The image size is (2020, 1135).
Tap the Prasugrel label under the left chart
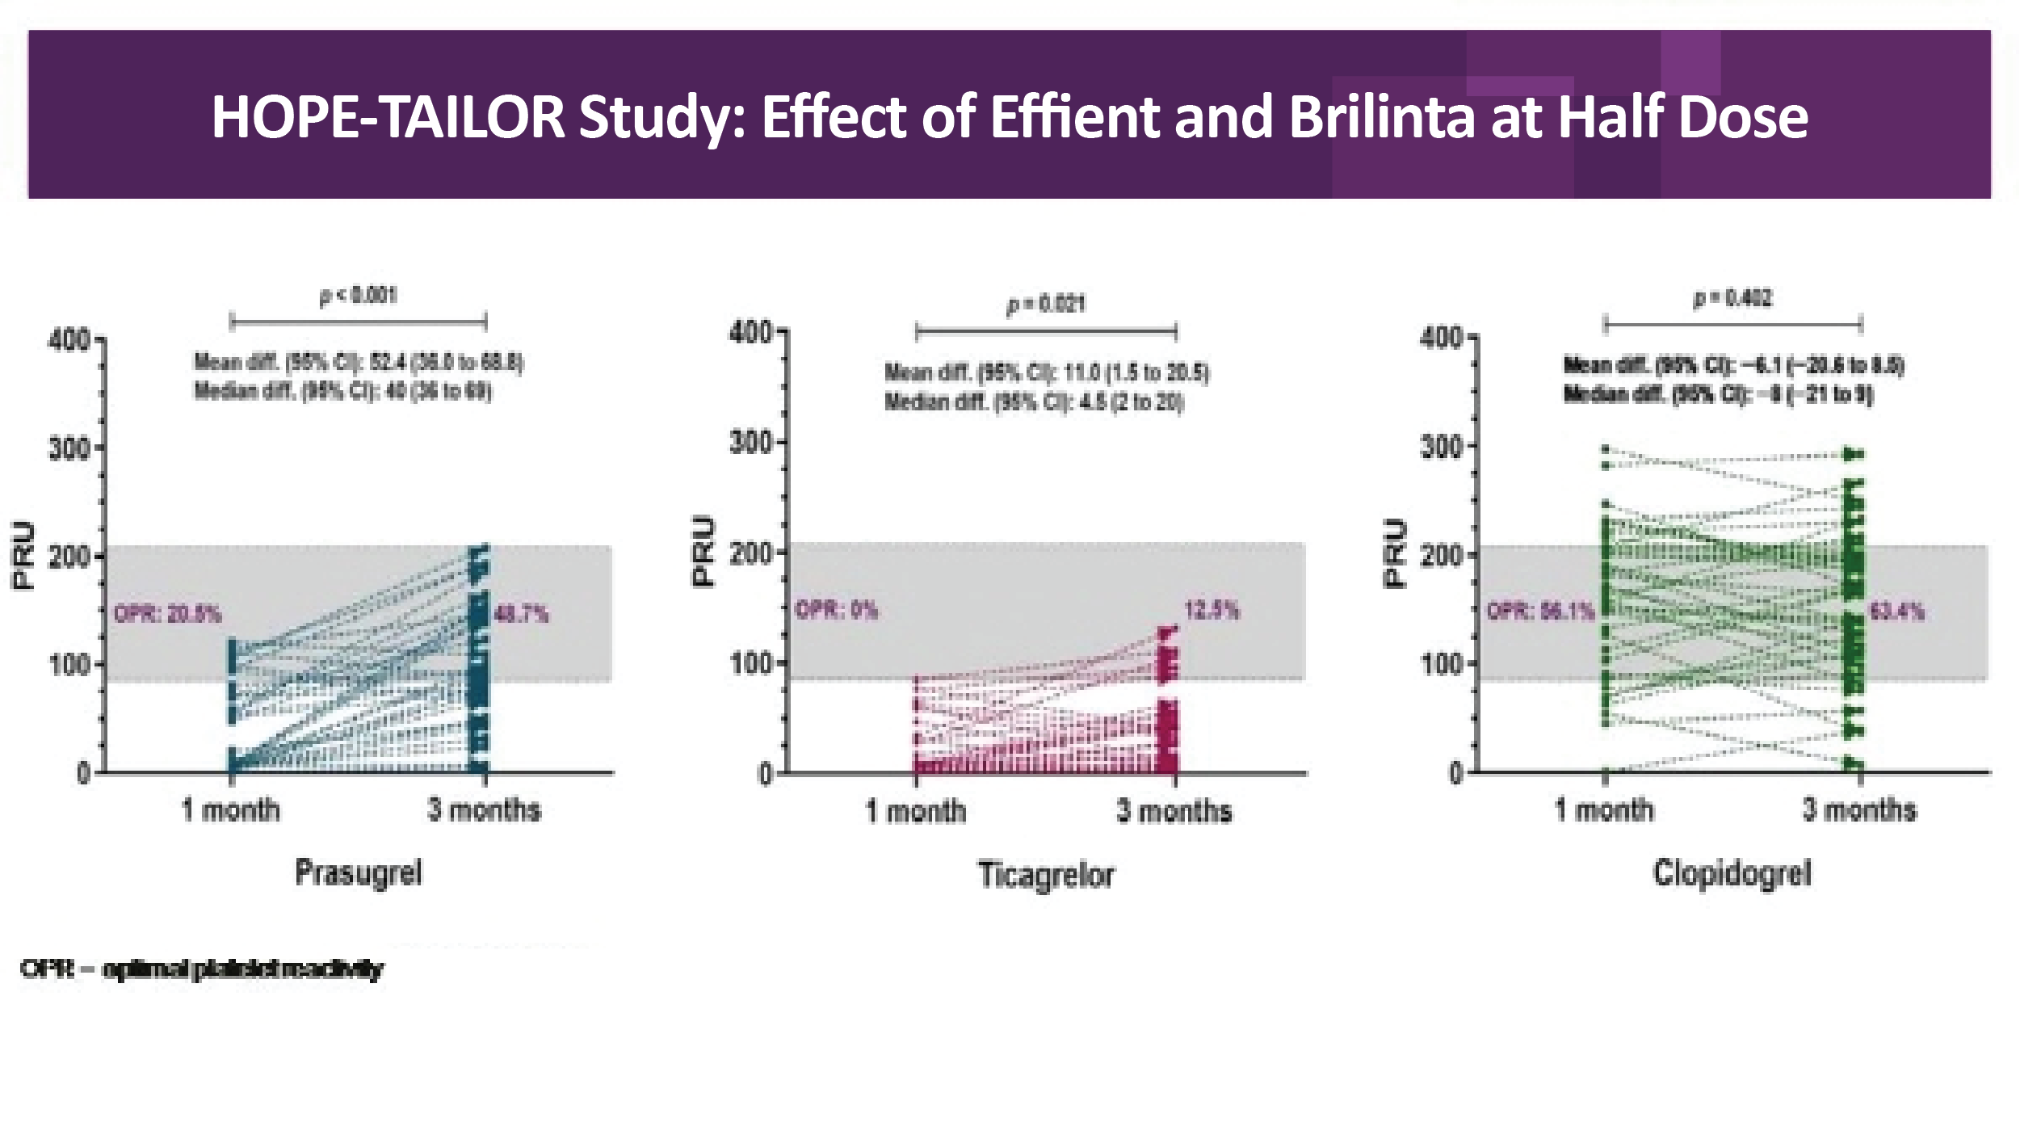(x=358, y=873)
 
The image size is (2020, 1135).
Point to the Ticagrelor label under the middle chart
(x=1046, y=876)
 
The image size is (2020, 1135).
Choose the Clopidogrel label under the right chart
(x=1732, y=873)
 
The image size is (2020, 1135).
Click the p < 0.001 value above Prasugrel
(x=358, y=296)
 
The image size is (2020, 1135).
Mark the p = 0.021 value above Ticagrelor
(x=1046, y=305)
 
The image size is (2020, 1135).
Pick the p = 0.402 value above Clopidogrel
(x=1732, y=299)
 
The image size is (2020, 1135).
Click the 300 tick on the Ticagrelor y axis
(x=752, y=443)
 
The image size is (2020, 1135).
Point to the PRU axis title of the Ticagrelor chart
(x=705, y=551)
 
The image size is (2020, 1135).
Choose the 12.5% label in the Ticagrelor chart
(x=1212, y=610)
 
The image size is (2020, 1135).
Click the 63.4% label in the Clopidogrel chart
(x=1896, y=612)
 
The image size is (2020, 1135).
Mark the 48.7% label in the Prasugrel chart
(x=521, y=615)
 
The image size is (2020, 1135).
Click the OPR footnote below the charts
(x=202, y=969)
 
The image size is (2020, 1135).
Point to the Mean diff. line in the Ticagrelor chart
(x=1047, y=373)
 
